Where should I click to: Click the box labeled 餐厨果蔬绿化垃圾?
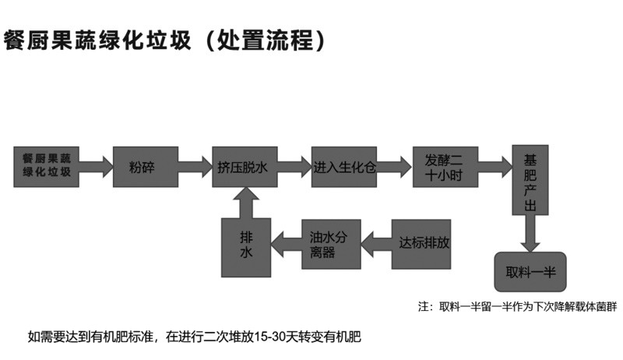click(47, 165)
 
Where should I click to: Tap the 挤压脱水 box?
click(245, 165)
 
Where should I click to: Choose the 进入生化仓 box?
click(344, 165)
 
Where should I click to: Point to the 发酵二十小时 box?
click(444, 165)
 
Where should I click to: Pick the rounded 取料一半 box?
click(530, 271)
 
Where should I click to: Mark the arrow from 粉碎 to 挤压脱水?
click(195, 165)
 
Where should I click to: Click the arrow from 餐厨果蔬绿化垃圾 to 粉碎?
click(96, 165)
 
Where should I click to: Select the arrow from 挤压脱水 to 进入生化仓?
click(294, 165)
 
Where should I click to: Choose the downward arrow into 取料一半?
click(530, 232)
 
